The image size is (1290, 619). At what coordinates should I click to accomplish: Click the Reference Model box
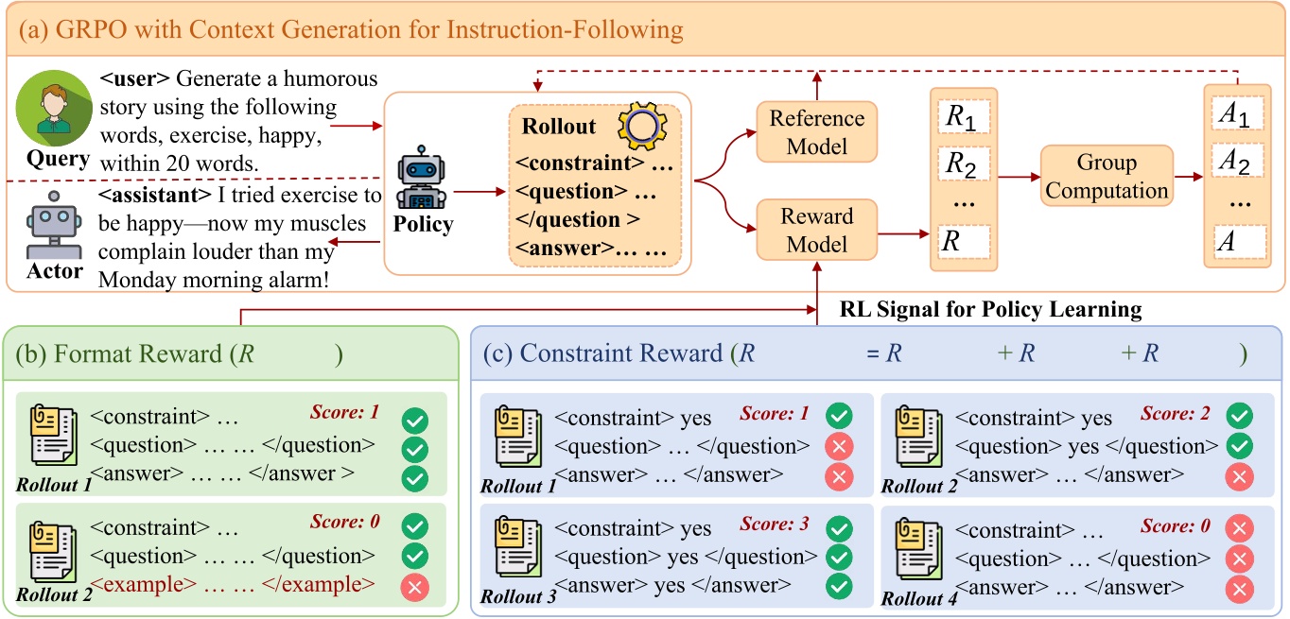click(x=816, y=132)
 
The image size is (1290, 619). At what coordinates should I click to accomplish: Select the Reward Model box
click(x=816, y=230)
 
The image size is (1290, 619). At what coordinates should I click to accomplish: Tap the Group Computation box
click(x=1107, y=176)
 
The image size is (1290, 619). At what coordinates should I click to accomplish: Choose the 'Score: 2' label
click(x=1175, y=413)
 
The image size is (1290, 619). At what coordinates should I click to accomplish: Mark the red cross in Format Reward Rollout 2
click(x=414, y=588)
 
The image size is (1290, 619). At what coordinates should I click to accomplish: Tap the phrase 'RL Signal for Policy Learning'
click(x=990, y=309)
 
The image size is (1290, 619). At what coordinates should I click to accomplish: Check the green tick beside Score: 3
click(x=839, y=525)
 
